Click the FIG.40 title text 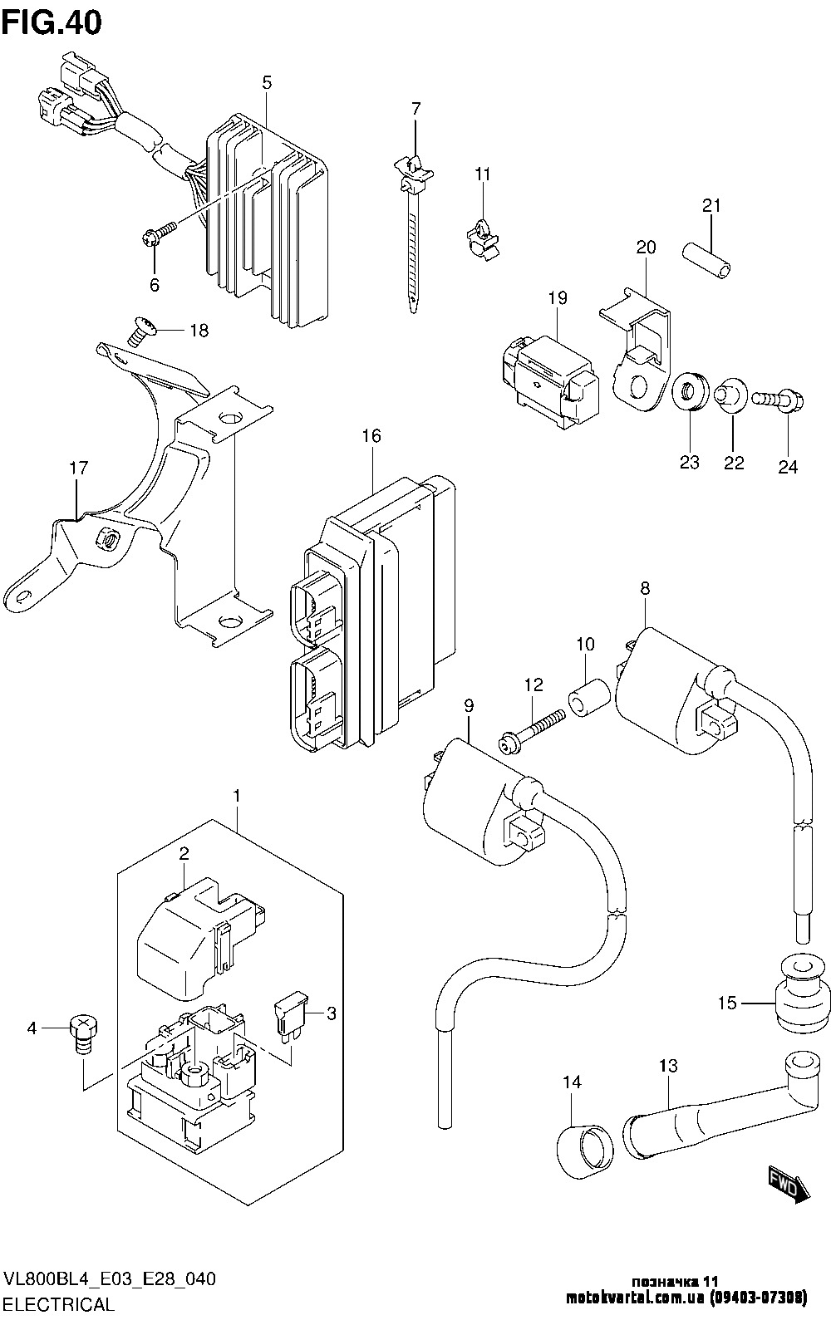pos(52,22)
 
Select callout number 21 pos(711,206)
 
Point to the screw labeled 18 pos(142,331)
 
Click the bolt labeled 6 pos(159,233)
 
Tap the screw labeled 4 pos(83,1032)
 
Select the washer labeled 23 pos(690,392)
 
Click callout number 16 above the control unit pos(371,436)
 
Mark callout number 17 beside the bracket pos(78,468)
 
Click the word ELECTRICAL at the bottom pos(60,1303)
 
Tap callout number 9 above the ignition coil pos(469,704)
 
